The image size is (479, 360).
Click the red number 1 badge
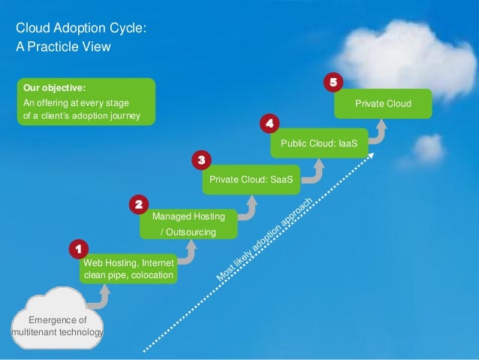pyautogui.click(x=76, y=248)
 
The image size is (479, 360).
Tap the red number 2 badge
pyautogui.click(x=138, y=204)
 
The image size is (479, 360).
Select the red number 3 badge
pyautogui.click(x=200, y=160)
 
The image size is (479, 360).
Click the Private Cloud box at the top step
pyautogui.click(x=383, y=104)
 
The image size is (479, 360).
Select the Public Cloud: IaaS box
pyautogui.click(x=319, y=142)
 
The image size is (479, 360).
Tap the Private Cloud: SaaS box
pyautogui.click(x=250, y=180)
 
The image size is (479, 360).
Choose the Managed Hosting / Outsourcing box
pyautogui.click(x=188, y=224)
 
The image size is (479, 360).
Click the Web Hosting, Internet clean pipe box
pyautogui.click(x=128, y=269)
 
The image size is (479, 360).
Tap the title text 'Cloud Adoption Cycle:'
pyautogui.click(x=81, y=29)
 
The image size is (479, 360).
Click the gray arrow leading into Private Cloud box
pyautogui.click(x=380, y=132)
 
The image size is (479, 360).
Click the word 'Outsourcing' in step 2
pyautogui.click(x=191, y=232)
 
